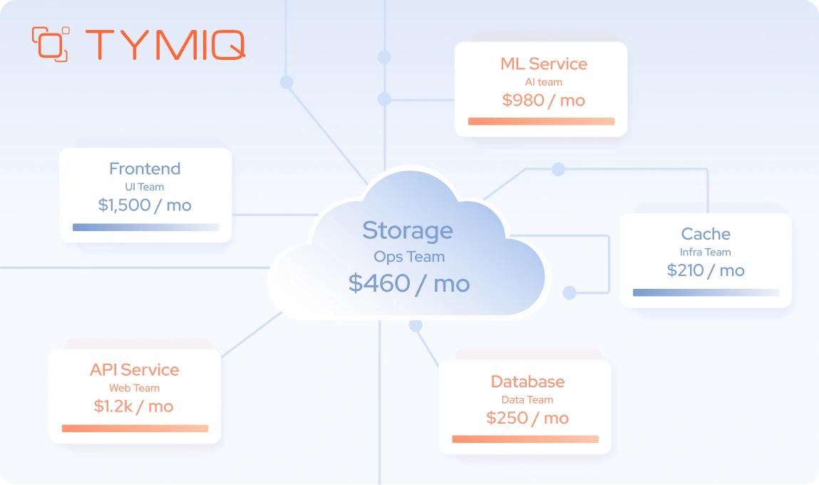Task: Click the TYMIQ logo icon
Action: (x=51, y=44)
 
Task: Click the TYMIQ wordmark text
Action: (x=165, y=44)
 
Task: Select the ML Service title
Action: (x=543, y=63)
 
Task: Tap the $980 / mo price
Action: (x=543, y=100)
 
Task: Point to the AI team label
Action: (x=543, y=82)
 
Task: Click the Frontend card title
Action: (x=145, y=168)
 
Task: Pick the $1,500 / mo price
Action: (x=145, y=205)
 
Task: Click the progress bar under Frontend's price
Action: (x=145, y=228)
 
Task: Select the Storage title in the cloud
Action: (x=407, y=230)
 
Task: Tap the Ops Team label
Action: (x=409, y=257)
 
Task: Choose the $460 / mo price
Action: (x=409, y=283)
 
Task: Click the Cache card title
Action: (x=706, y=234)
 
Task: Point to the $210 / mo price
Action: (x=706, y=270)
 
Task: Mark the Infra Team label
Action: (x=706, y=252)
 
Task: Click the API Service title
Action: (x=134, y=369)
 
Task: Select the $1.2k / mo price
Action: (x=134, y=406)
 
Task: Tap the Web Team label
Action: (x=134, y=388)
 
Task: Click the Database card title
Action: (x=527, y=382)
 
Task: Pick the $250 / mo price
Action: (x=527, y=418)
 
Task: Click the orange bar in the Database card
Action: (x=525, y=439)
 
